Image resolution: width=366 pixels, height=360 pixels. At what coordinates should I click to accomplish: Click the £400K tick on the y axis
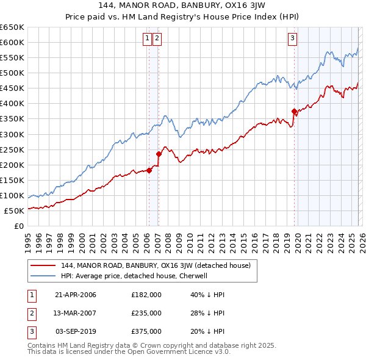click(12, 103)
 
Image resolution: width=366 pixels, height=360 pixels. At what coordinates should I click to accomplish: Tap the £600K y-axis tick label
click(12, 42)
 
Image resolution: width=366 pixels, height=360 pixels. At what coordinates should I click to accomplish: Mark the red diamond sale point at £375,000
click(294, 111)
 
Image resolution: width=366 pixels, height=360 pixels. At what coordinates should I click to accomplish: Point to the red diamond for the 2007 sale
click(159, 154)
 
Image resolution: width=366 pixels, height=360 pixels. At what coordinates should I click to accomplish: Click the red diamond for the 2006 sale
click(149, 170)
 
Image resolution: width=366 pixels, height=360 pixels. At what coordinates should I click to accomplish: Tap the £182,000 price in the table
click(146, 295)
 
